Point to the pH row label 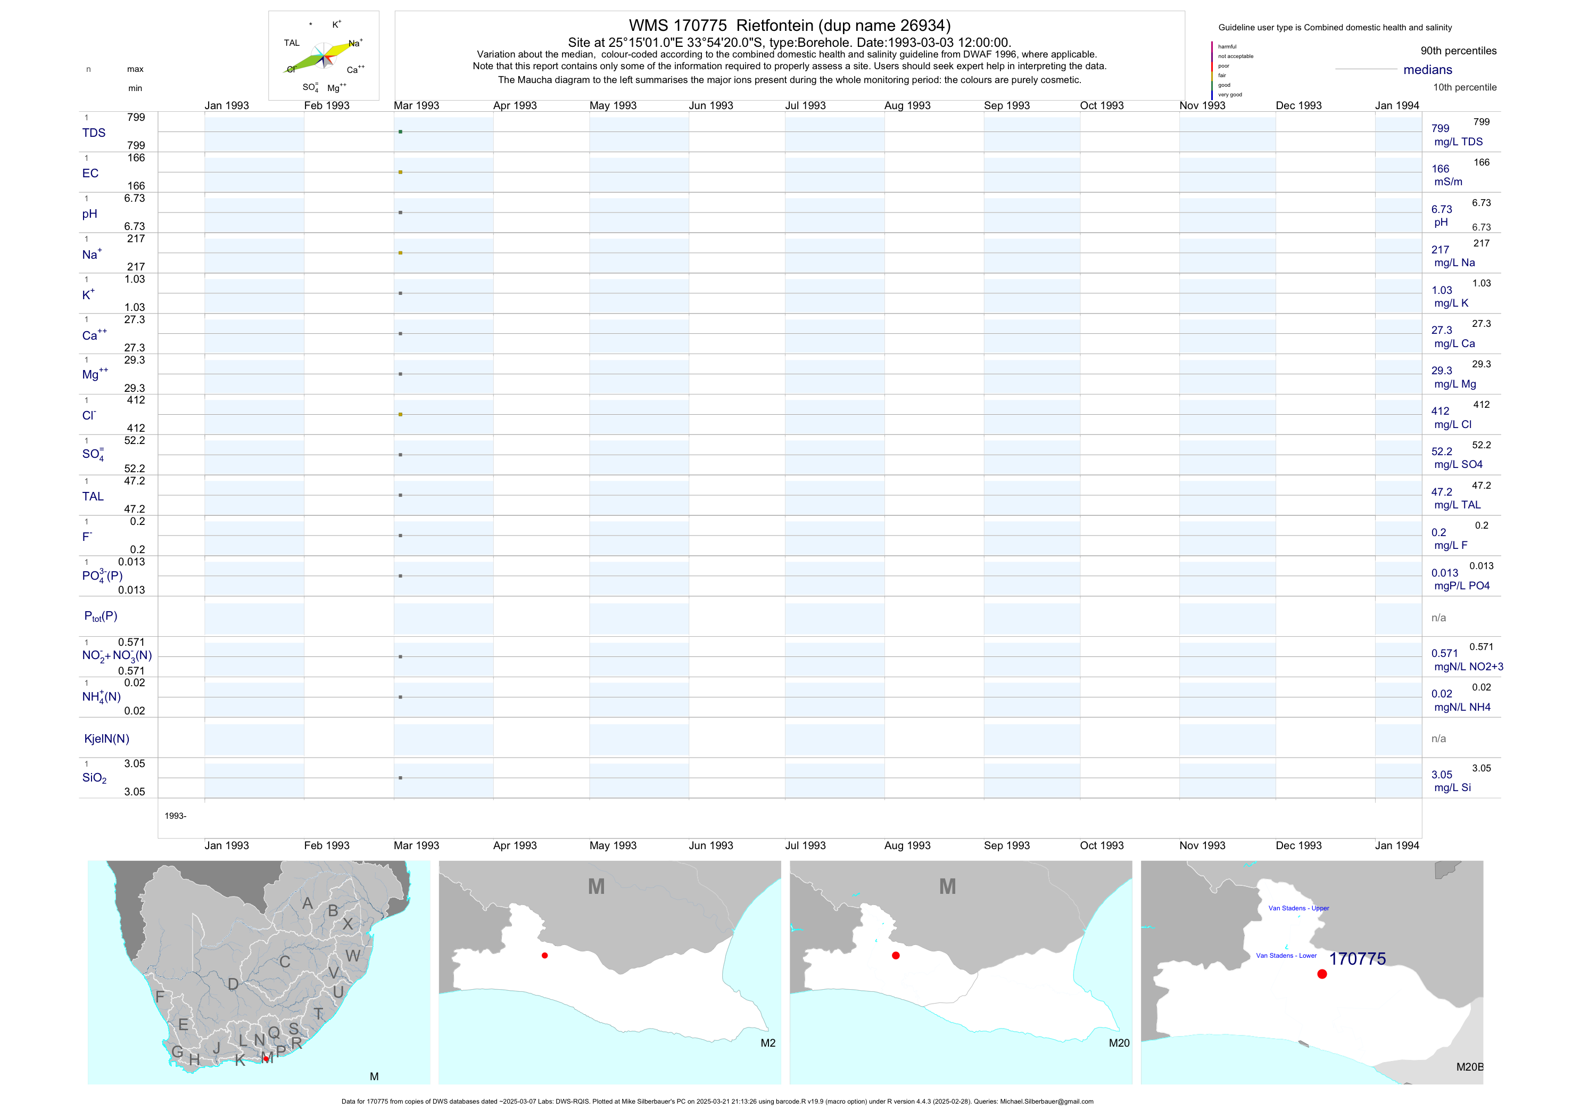89,214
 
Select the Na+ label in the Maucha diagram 355,43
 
